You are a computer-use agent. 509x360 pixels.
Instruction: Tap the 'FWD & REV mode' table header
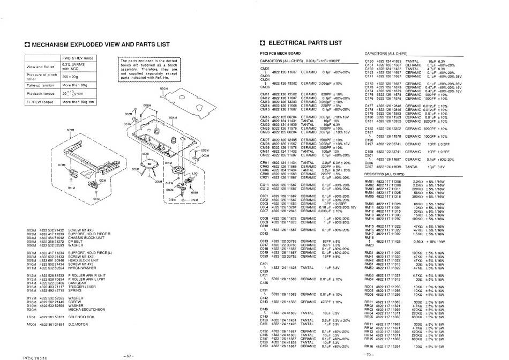pyautogui.click(x=78, y=57)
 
